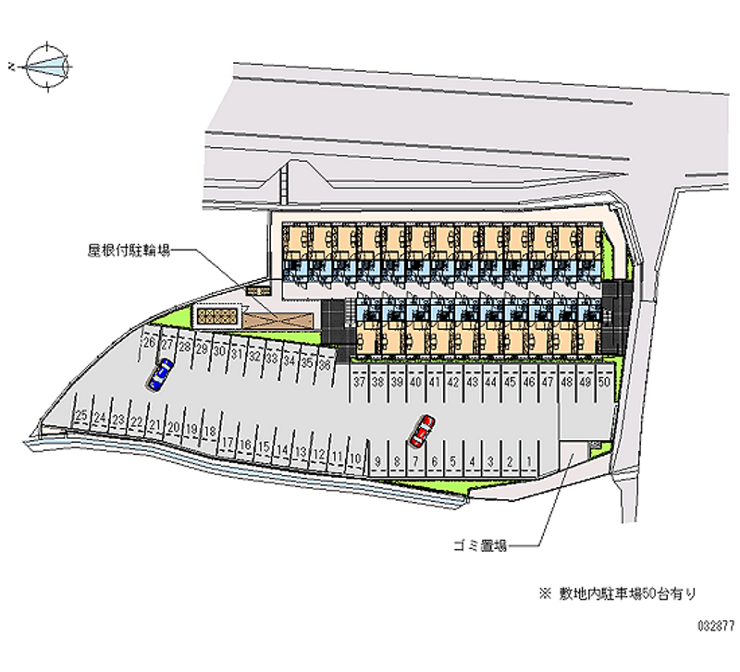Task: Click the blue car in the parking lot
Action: (x=161, y=373)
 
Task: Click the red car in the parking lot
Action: (x=423, y=429)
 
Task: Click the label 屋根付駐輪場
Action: (x=129, y=250)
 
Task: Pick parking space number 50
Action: (x=603, y=381)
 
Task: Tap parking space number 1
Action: (x=527, y=460)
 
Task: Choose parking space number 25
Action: (x=81, y=417)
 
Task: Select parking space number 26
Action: (x=148, y=343)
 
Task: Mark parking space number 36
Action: (x=324, y=364)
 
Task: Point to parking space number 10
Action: (x=355, y=458)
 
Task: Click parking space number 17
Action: (x=227, y=442)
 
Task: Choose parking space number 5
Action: (x=453, y=460)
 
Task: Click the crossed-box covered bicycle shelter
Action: (x=279, y=317)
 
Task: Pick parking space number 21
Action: (x=154, y=426)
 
